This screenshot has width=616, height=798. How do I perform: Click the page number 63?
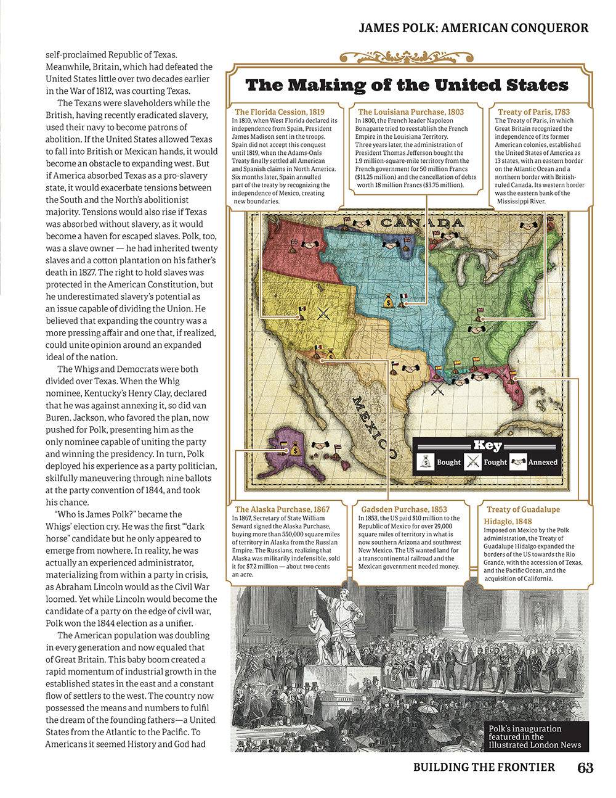(x=585, y=767)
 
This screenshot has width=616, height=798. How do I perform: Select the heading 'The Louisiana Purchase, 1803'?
(x=411, y=112)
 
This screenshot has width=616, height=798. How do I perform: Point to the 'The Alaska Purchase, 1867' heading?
(x=282, y=509)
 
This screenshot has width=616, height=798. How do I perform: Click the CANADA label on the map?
(x=422, y=223)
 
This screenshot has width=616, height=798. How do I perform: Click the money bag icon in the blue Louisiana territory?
(x=387, y=302)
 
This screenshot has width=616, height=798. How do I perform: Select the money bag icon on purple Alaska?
(x=296, y=450)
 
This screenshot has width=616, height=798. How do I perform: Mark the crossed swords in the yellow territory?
(x=322, y=313)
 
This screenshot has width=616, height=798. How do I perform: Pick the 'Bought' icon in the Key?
(x=426, y=461)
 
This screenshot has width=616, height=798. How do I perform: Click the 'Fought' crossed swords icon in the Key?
(x=472, y=461)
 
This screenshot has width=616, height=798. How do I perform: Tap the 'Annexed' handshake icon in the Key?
(x=518, y=461)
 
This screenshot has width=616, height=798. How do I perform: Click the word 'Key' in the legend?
(x=487, y=446)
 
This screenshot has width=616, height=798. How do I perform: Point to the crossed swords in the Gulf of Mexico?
(x=437, y=389)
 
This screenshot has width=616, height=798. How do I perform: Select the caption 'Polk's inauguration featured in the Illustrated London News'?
(x=534, y=736)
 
